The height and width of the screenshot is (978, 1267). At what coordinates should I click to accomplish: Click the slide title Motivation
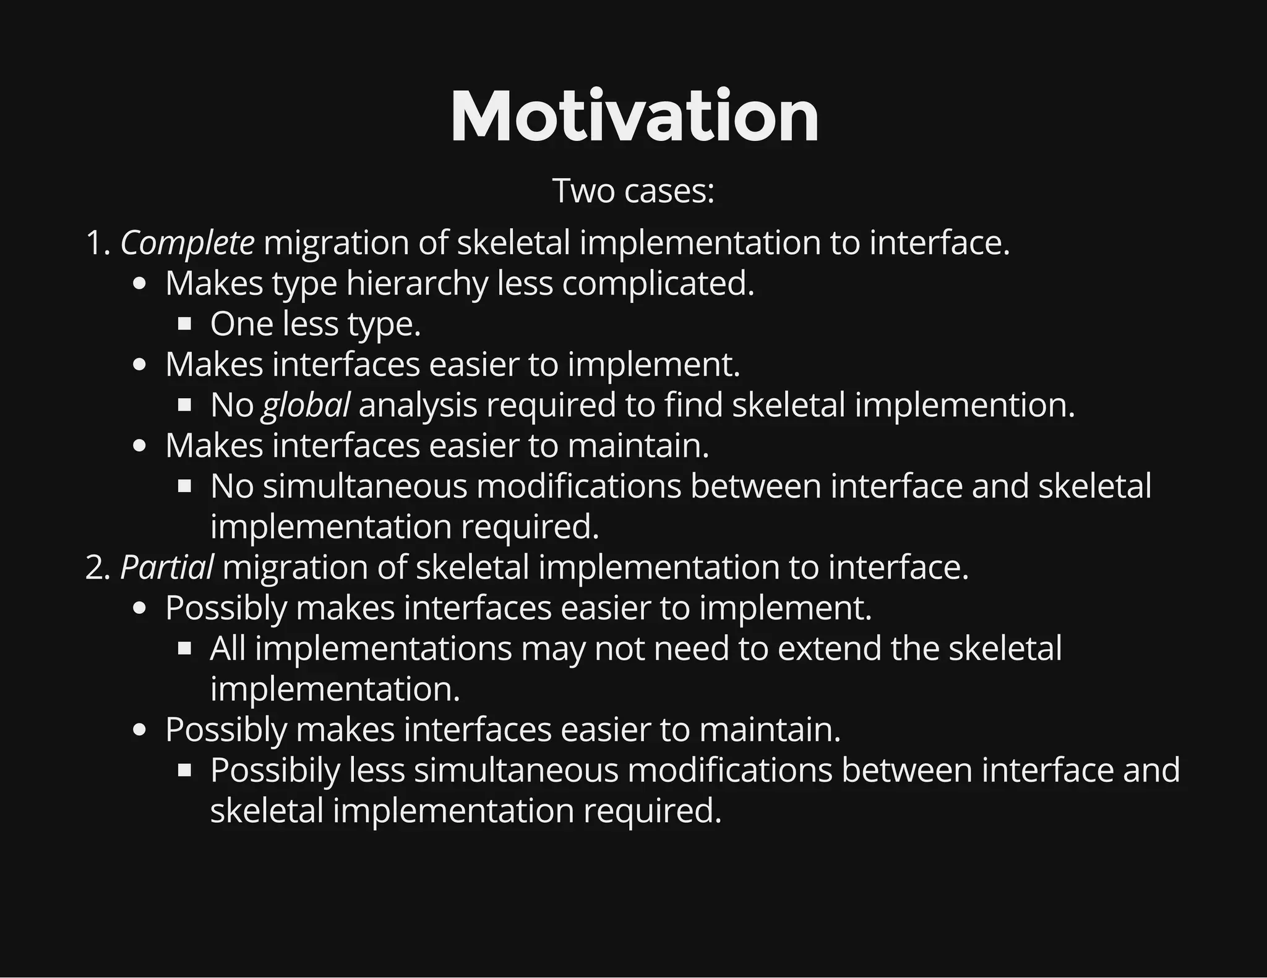(x=634, y=117)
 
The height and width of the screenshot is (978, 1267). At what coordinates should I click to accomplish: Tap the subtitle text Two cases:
(x=633, y=190)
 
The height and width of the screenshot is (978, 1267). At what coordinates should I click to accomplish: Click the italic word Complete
(x=187, y=242)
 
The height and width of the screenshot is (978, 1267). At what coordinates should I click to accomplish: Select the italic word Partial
(x=166, y=567)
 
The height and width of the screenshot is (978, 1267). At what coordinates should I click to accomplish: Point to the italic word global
(x=306, y=405)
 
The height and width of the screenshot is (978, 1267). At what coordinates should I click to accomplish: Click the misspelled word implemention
(x=964, y=405)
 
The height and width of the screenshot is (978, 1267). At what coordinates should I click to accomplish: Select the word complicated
(x=658, y=284)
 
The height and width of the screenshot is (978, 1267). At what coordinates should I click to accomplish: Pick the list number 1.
(x=97, y=242)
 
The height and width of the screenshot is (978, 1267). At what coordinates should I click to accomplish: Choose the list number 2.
(x=97, y=567)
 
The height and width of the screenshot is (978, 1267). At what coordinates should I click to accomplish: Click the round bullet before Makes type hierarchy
(x=140, y=284)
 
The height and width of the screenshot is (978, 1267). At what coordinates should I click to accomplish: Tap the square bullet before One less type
(x=184, y=324)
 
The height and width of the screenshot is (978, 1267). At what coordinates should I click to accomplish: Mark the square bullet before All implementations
(x=184, y=648)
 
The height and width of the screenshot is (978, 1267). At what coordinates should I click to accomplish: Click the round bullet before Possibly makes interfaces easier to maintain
(x=140, y=730)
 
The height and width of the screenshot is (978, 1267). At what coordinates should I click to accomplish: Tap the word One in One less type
(x=242, y=324)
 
